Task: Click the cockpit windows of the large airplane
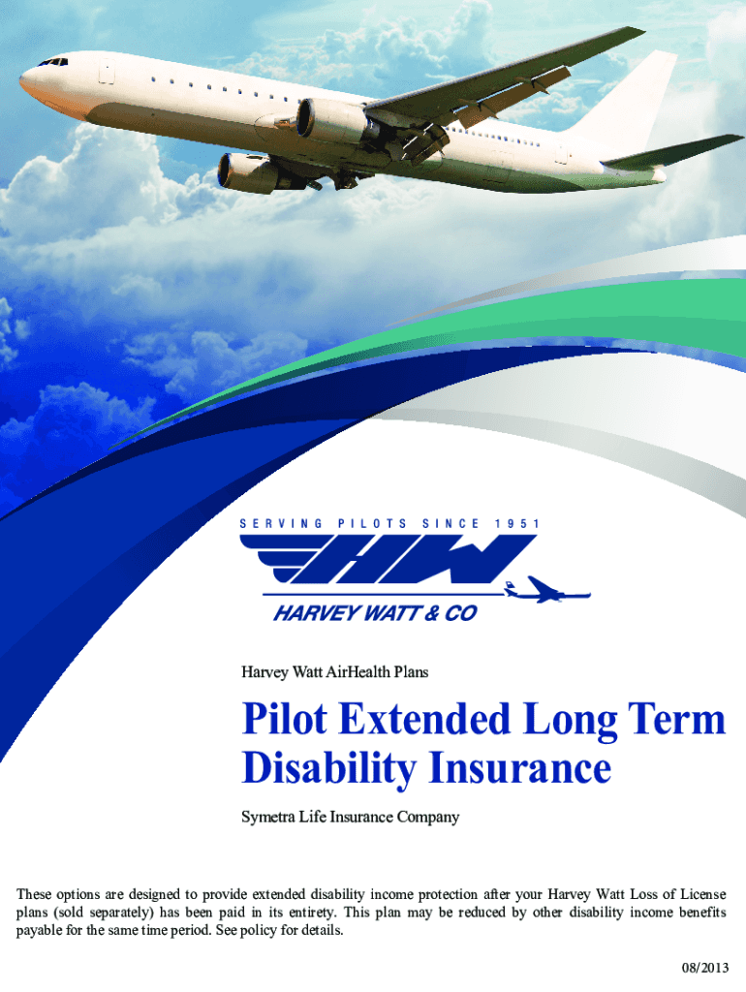[54, 62]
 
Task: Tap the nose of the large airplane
[22, 79]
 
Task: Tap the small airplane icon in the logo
[547, 590]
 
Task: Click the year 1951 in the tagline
[517, 524]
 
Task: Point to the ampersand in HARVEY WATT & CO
[431, 613]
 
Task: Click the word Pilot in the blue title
[285, 720]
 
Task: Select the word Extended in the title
[424, 720]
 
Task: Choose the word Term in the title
[676, 720]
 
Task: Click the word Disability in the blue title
[328, 768]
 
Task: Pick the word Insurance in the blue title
[520, 767]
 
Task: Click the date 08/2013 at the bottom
[705, 968]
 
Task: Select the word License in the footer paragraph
[703, 894]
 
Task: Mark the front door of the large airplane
[107, 71]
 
